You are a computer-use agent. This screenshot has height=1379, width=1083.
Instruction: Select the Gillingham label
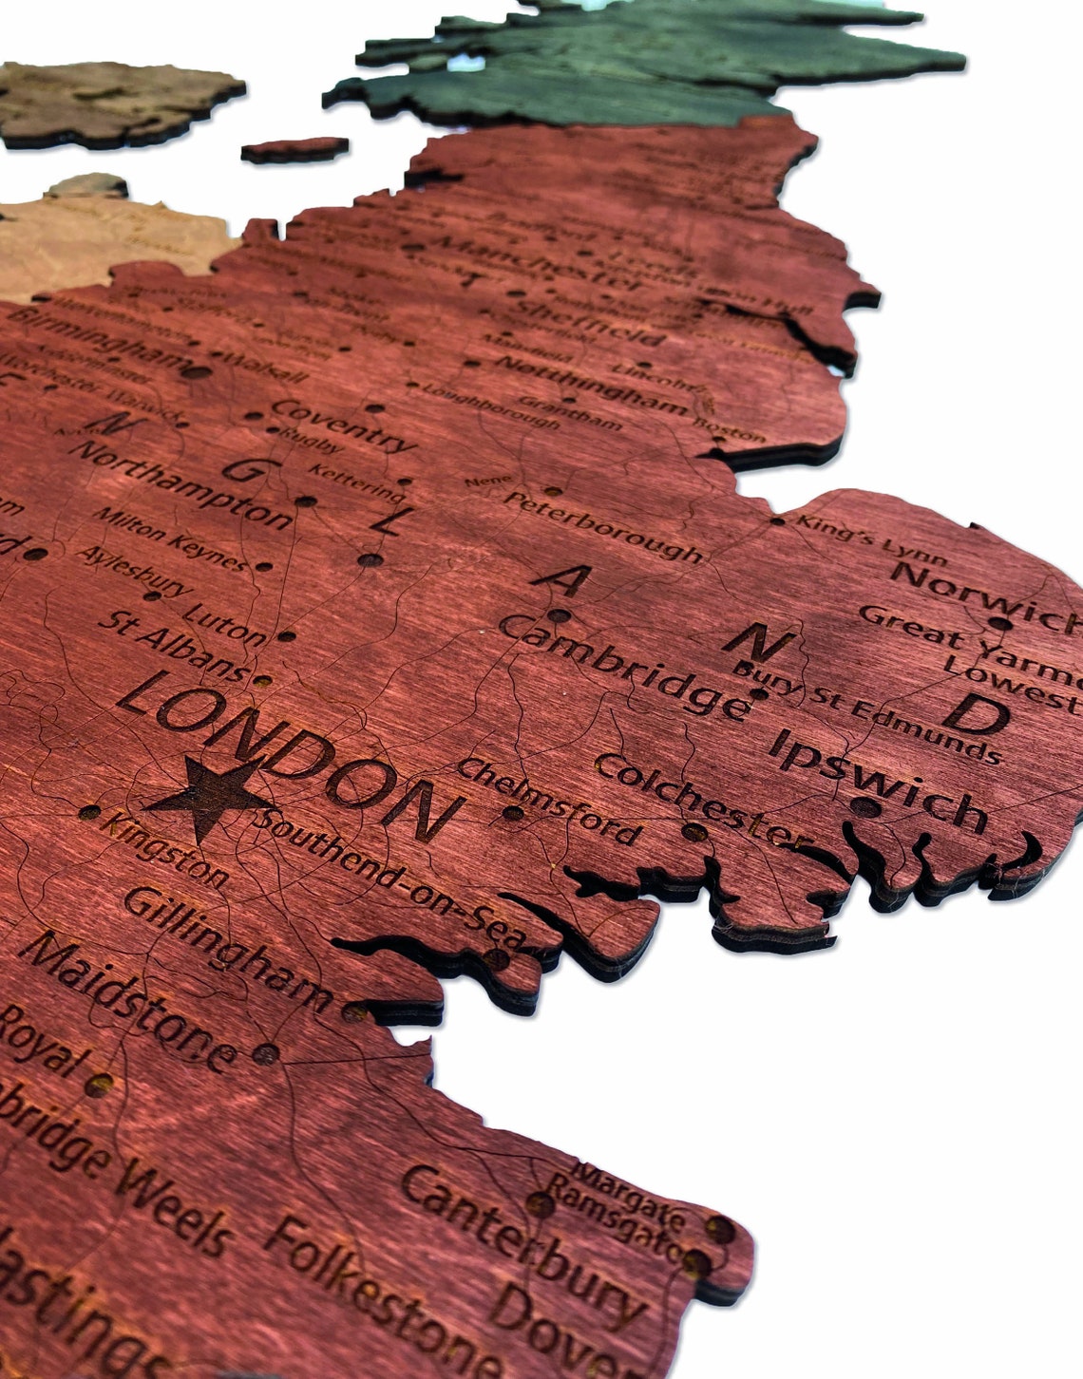[x=228, y=946]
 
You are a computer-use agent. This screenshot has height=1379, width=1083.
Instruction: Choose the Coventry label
[x=343, y=424]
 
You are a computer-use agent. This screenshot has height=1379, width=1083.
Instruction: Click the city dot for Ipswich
[x=864, y=807]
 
